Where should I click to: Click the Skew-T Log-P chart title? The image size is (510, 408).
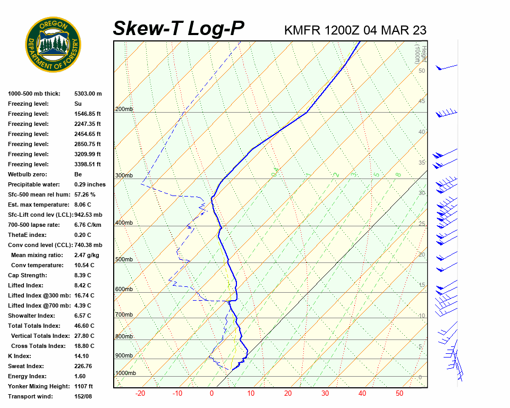pos(178,29)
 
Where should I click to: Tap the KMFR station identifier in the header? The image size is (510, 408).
pos(302,30)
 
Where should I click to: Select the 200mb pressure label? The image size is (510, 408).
pos(124,109)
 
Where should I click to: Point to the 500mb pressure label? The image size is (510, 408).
pos(124,260)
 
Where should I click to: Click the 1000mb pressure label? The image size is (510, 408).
pos(125,373)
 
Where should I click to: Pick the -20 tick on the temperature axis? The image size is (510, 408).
pos(140,394)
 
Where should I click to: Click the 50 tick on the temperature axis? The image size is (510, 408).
pos(399,394)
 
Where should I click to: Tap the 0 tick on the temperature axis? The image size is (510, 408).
pos(211,394)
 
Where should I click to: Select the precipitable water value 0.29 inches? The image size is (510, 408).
pos(90,184)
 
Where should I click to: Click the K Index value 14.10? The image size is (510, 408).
pos(82,356)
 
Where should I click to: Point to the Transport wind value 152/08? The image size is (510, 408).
pos(84,396)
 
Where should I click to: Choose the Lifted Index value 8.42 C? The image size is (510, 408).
pos(82,285)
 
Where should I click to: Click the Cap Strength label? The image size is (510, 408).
pos(27,275)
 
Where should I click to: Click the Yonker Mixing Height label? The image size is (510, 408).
pos(36,386)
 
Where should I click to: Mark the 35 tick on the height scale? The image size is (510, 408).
pos(422,163)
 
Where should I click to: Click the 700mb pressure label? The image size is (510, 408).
pos(124,315)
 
